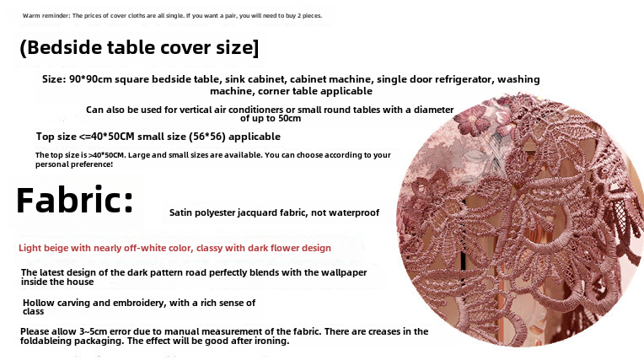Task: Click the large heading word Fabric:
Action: click(x=75, y=200)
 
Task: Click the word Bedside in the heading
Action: click(x=64, y=48)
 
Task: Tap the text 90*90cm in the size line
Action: click(x=90, y=79)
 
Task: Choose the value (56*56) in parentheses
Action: click(x=207, y=137)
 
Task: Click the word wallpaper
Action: click(x=343, y=273)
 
